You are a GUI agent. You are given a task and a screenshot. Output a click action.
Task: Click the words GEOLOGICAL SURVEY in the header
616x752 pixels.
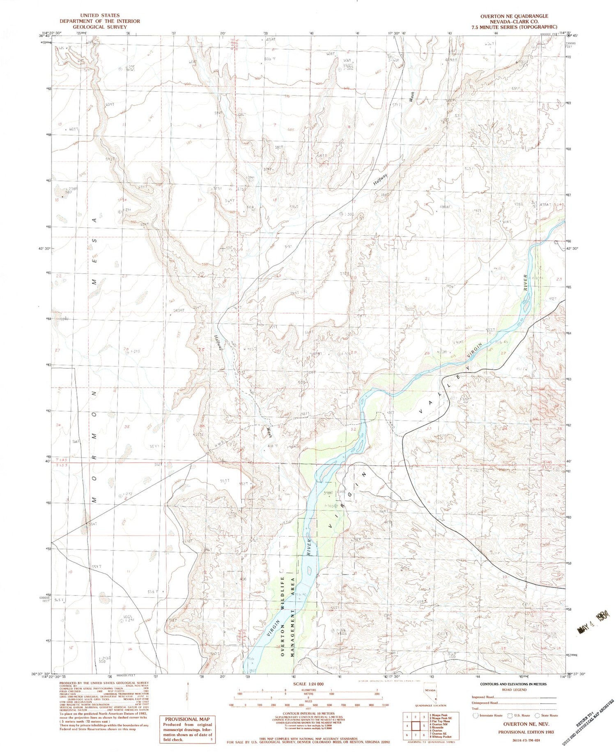coord(100,27)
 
